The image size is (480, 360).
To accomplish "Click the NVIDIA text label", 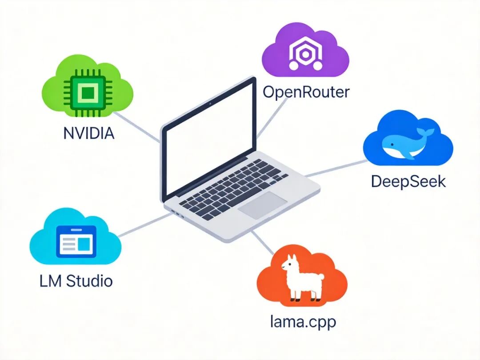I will (x=88, y=133).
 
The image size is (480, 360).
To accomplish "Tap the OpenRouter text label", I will (x=306, y=92).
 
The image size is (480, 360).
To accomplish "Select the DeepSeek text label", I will (x=408, y=181).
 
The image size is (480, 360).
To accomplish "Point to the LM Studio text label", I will (x=76, y=281).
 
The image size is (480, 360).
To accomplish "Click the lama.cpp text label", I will (x=303, y=321).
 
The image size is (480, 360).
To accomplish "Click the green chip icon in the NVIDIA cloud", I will (x=89, y=93).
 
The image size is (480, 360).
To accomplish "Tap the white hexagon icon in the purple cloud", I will (x=305, y=54).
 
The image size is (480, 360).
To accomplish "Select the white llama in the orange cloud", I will (x=298, y=279).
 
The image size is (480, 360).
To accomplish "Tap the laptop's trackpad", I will (x=262, y=205).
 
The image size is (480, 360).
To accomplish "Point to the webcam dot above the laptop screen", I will (x=209, y=101).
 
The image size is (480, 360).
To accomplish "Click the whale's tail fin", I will (x=426, y=132).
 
